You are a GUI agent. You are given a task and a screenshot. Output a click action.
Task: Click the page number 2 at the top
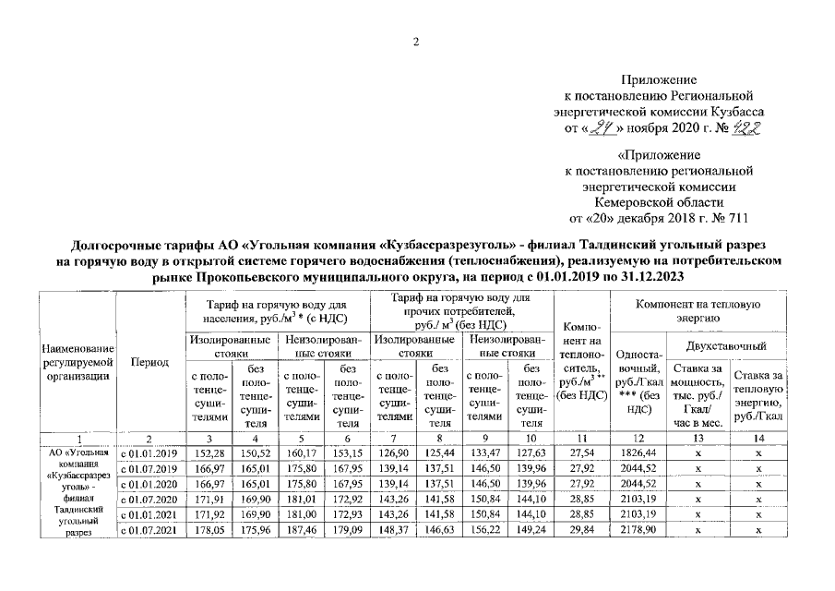(416, 42)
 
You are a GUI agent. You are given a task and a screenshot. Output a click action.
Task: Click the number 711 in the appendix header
(735, 219)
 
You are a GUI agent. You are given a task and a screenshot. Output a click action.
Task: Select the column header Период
(149, 362)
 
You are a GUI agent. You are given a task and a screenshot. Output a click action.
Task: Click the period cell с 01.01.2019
(149, 452)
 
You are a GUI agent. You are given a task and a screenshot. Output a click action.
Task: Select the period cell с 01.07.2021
(149, 530)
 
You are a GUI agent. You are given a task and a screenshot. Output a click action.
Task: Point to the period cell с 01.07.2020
(149, 500)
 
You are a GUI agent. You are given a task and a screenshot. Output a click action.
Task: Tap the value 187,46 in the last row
(300, 530)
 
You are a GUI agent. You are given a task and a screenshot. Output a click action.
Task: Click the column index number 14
(757, 438)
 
